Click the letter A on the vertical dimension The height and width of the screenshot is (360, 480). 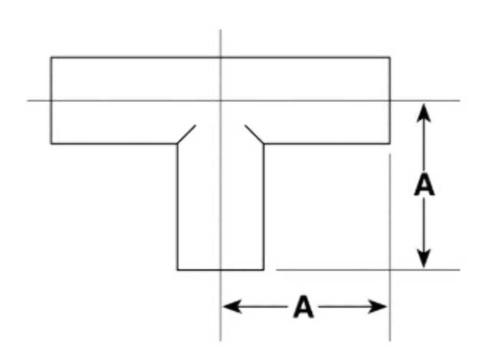pyautogui.click(x=424, y=184)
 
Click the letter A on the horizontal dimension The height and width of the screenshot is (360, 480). pyautogui.click(x=303, y=306)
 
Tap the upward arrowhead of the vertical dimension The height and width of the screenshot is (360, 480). pyautogui.click(x=424, y=113)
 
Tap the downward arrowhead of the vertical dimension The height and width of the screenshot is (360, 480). pyautogui.click(x=424, y=258)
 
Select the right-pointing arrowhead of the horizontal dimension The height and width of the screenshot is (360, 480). pyautogui.click(x=377, y=306)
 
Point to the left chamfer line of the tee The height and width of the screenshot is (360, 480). pyautogui.click(x=186, y=134)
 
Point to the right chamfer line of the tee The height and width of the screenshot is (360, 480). pyautogui.click(x=254, y=134)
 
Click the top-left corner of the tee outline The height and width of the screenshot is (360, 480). pyautogui.click(x=51, y=57)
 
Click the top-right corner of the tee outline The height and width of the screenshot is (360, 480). pyautogui.click(x=390, y=57)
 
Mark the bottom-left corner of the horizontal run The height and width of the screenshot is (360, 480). pyautogui.click(x=51, y=143)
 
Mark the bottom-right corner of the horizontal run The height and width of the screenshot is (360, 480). pyautogui.click(x=390, y=143)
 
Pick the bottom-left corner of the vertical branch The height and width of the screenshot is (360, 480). pyautogui.click(x=178, y=270)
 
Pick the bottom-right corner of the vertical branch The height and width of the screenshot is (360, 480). pyautogui.click(x=264, y=270)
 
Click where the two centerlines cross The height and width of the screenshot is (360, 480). pyautogui.click(x=221, y=100)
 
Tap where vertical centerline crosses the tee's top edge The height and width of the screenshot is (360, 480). pyautogui.click(x=221, y=57)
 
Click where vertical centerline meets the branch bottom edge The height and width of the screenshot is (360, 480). pyautogui.click(x=221, y=270)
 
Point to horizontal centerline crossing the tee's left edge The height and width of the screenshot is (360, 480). pyautogui.click(x=51, y=100)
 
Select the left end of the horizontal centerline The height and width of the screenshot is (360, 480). pyautogui.click(x=27, y=100)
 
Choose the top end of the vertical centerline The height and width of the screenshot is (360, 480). pyautogui.click(x=221, y=30)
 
